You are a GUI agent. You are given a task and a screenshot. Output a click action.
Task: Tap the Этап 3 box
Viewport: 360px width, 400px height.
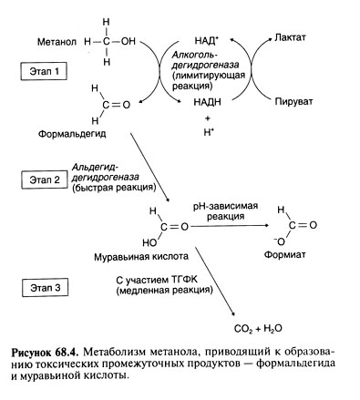44,289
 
